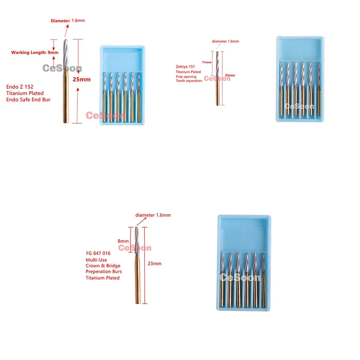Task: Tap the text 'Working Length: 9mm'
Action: coord(35,53)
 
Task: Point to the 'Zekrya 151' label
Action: coord(186,67)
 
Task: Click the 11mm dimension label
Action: coord(207,63)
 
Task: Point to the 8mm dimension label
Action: coord(123,241)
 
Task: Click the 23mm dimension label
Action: coord(154,264)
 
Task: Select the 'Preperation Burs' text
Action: coord(104,271)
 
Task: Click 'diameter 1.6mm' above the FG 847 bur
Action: coord(153,215)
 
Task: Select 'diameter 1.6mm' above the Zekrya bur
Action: coord(225,41)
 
